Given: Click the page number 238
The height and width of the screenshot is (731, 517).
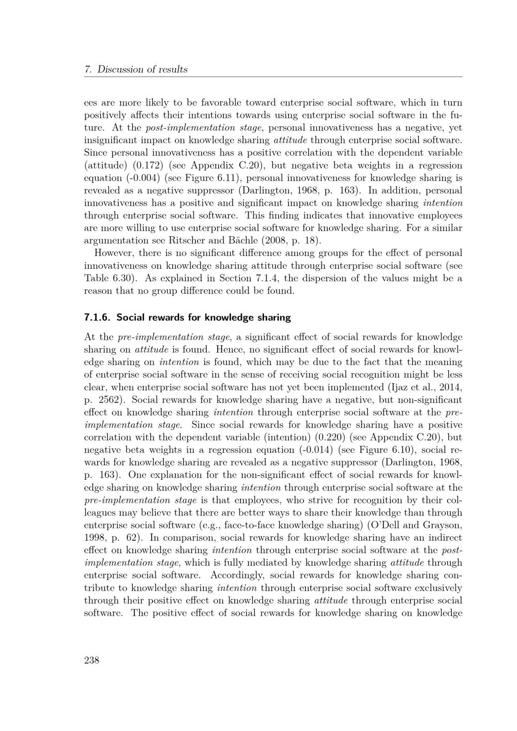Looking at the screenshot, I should (92, 660).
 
